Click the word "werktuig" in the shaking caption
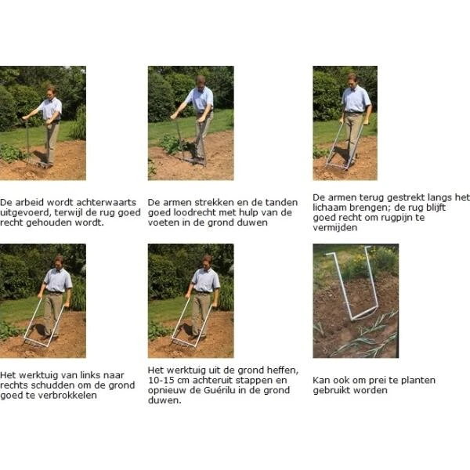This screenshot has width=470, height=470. [35, 374]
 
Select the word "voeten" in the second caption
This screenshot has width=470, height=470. [163, 222]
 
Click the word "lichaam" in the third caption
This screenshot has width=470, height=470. [331, 207]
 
